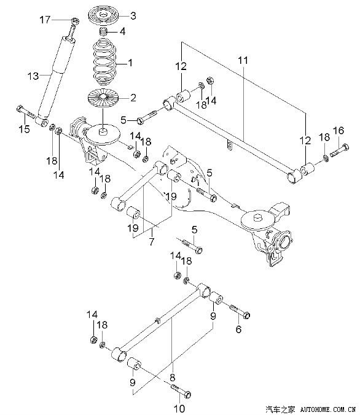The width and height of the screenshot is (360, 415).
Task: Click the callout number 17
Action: [45, 20]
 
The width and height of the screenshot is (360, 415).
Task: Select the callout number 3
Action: [133, 16]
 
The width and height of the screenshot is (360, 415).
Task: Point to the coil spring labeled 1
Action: [105, 61]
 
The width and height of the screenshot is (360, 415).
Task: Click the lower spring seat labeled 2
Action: [103, 98]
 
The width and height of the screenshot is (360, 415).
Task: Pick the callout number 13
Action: [33, 76]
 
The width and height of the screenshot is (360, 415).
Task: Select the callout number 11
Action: [243, 60]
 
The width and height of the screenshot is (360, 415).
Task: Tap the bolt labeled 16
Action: [339, 150]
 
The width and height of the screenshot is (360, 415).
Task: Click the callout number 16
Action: [338, 131]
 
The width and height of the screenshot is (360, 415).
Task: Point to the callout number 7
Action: [151, 241]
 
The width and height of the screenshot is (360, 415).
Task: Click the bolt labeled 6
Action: [240, 311]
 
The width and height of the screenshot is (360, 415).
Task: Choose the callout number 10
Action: [179, 408]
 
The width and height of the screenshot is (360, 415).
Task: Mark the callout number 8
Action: [173, 377]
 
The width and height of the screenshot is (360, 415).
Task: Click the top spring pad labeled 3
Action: [103, 16]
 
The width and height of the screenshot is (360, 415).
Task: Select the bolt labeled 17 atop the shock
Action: [72, 29]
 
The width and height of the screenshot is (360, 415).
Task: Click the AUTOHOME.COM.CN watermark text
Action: [328, 409]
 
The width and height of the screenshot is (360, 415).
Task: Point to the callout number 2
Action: [133, 98]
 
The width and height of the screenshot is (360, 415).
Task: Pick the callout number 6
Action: [238, 329]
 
